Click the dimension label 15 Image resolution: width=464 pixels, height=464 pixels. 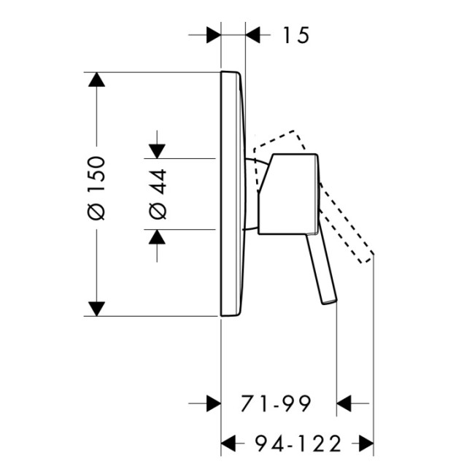tap(296, 35)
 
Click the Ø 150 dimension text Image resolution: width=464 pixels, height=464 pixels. tap(96, 188)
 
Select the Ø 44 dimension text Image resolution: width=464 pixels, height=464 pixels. tap(158, 194)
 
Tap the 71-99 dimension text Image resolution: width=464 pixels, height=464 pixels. tap(276, 403)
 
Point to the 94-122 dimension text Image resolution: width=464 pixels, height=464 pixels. tap(298, 444)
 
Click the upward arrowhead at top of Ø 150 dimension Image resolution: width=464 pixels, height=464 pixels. tap(96, 80)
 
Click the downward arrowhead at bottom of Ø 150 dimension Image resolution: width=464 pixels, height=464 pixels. tap(96, 309)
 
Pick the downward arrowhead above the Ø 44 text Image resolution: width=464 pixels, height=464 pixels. tap(157, 151)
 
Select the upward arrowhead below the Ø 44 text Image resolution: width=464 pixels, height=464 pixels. tap(157, 236)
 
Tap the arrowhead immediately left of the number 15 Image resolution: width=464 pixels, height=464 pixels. tap(252, 35)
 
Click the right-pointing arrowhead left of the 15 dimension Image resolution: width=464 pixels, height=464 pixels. tap(214, 35)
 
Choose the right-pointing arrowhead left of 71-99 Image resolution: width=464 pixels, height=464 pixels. tap(214, 403)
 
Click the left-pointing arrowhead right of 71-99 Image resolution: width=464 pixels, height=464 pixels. tap(344, 403)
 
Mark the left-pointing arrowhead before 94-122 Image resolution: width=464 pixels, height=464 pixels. tap(228, 444)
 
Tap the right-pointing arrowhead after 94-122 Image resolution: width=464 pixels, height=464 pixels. tap(366, 444)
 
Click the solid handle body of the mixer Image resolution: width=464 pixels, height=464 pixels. tap(288, 194)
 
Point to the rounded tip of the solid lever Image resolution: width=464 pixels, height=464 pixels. tap(330, 302)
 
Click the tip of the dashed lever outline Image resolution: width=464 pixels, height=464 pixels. tap(367, 258)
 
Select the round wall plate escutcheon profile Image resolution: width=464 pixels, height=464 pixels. tap(233, 194)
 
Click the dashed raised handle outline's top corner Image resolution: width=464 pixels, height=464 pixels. tap(294, 131)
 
